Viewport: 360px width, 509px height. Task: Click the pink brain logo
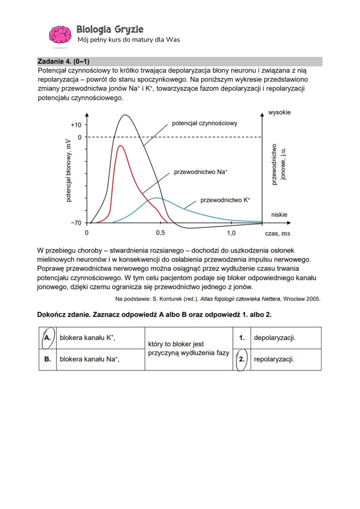(59, 35)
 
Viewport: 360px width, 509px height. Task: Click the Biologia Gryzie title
(110, 29)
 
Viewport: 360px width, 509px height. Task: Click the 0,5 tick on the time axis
(160, 233)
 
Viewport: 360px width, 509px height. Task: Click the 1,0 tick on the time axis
(231, 233)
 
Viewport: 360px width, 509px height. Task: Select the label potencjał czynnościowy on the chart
(204, 122)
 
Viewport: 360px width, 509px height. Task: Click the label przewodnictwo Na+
(200, 172)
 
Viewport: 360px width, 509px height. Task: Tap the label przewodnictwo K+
(225, 200)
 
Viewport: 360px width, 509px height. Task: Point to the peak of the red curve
(119, 146)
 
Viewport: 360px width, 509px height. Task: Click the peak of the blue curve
(156, 198)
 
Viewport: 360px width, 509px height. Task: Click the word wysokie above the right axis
(279, 112)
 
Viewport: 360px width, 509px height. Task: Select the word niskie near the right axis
(279, 214)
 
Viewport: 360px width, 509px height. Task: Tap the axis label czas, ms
(277, 233)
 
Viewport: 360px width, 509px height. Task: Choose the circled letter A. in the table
(47, 337)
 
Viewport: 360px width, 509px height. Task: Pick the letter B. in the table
(47, 359)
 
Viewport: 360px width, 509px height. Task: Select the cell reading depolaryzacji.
(274, 337)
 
